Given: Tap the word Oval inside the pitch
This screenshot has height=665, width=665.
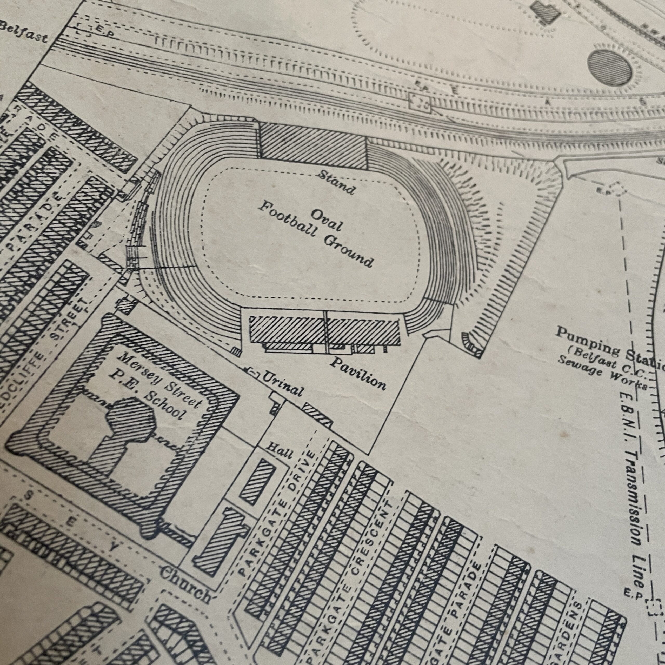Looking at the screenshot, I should pyautogui.click(x=327, y=219).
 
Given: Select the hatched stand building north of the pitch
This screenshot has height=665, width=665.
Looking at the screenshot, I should pyautogui.click(x=312, y=145).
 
